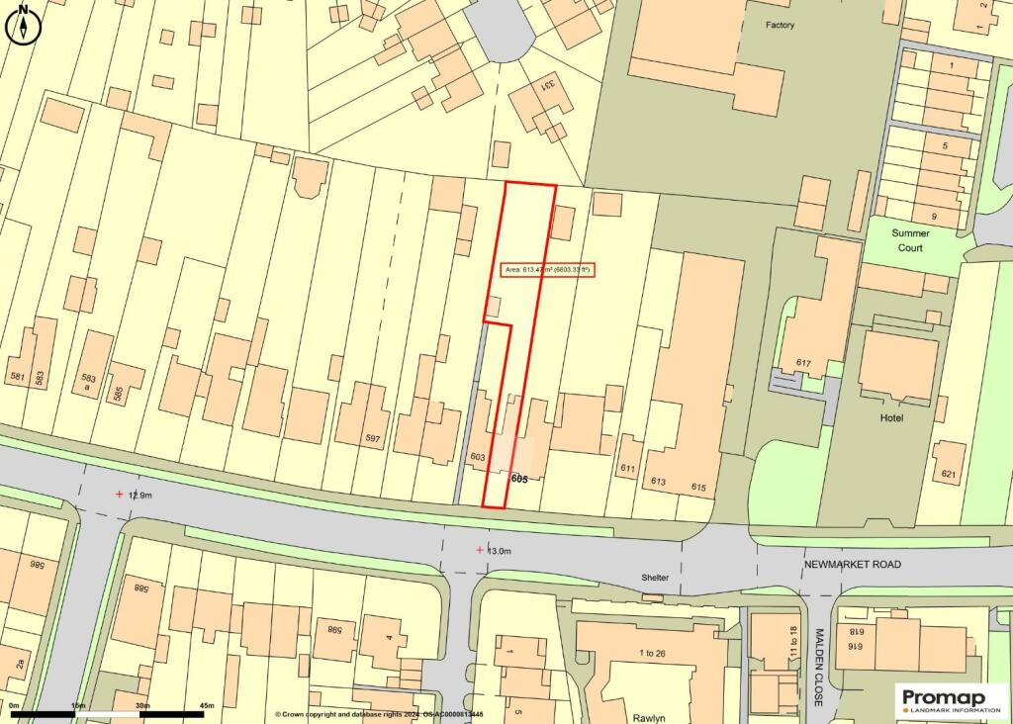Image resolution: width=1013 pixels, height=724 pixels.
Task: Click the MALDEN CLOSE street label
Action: [819, 667]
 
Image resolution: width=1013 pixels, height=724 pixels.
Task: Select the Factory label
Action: [780, 25]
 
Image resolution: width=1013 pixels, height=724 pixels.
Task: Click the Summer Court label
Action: [910, 240]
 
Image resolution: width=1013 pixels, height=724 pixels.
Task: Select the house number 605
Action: [519, 479]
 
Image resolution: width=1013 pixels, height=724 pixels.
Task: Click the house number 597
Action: [372, 439]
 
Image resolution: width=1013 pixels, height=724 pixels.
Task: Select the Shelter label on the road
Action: [654, 578]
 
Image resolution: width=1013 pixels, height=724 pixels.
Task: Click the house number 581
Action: [17, 376]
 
